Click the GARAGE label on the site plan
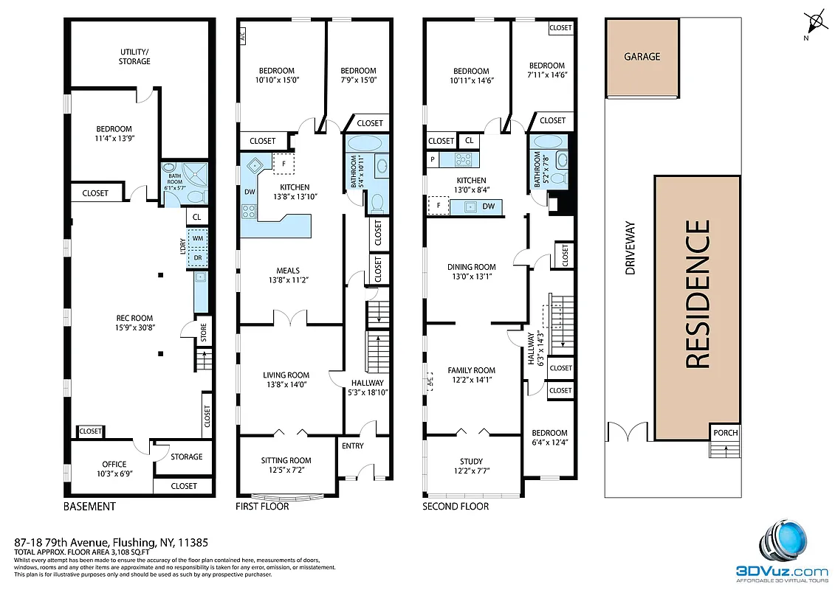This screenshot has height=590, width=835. coord(642,57)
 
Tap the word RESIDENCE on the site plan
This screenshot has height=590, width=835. coord(698,295)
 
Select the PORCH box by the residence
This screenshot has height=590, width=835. coord(725,433)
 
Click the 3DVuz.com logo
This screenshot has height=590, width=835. coord(783,549)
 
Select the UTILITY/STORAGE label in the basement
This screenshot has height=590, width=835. coord(135,57)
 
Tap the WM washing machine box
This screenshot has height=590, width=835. coord(197,239)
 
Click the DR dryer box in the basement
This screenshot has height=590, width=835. coord(197,257)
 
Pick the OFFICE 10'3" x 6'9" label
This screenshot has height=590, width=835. coord(114,469)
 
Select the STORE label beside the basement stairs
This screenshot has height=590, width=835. coord(203,333)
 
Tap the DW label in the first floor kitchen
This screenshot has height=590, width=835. coord(249,192)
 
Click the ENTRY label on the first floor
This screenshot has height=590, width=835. coord(352,445)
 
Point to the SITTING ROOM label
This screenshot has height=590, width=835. coord(286,465)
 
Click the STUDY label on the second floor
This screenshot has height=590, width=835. coord(471,466)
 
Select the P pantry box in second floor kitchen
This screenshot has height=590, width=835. coord(433,159)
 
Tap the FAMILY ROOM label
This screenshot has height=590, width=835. coord(471,375)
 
